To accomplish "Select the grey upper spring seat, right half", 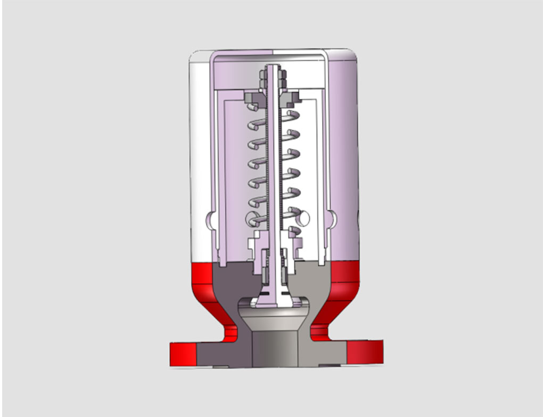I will pos(292,98).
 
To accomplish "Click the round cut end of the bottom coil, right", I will pos(303,218).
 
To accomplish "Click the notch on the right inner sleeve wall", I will pos(333,218).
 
